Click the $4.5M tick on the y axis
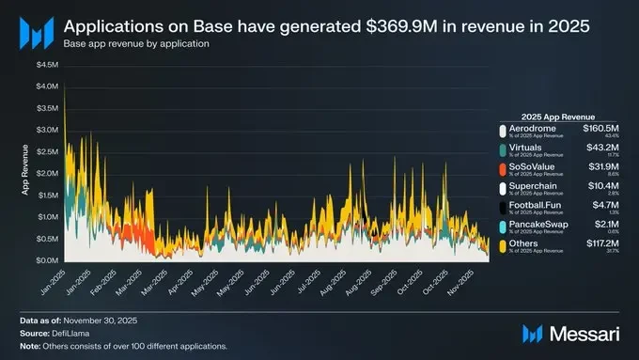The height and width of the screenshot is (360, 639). click(47, 65)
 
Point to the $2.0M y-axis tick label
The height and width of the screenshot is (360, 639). click(47, 173)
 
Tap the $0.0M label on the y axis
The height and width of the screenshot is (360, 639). click(47, 260)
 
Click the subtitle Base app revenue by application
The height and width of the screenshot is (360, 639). click(136, 44)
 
